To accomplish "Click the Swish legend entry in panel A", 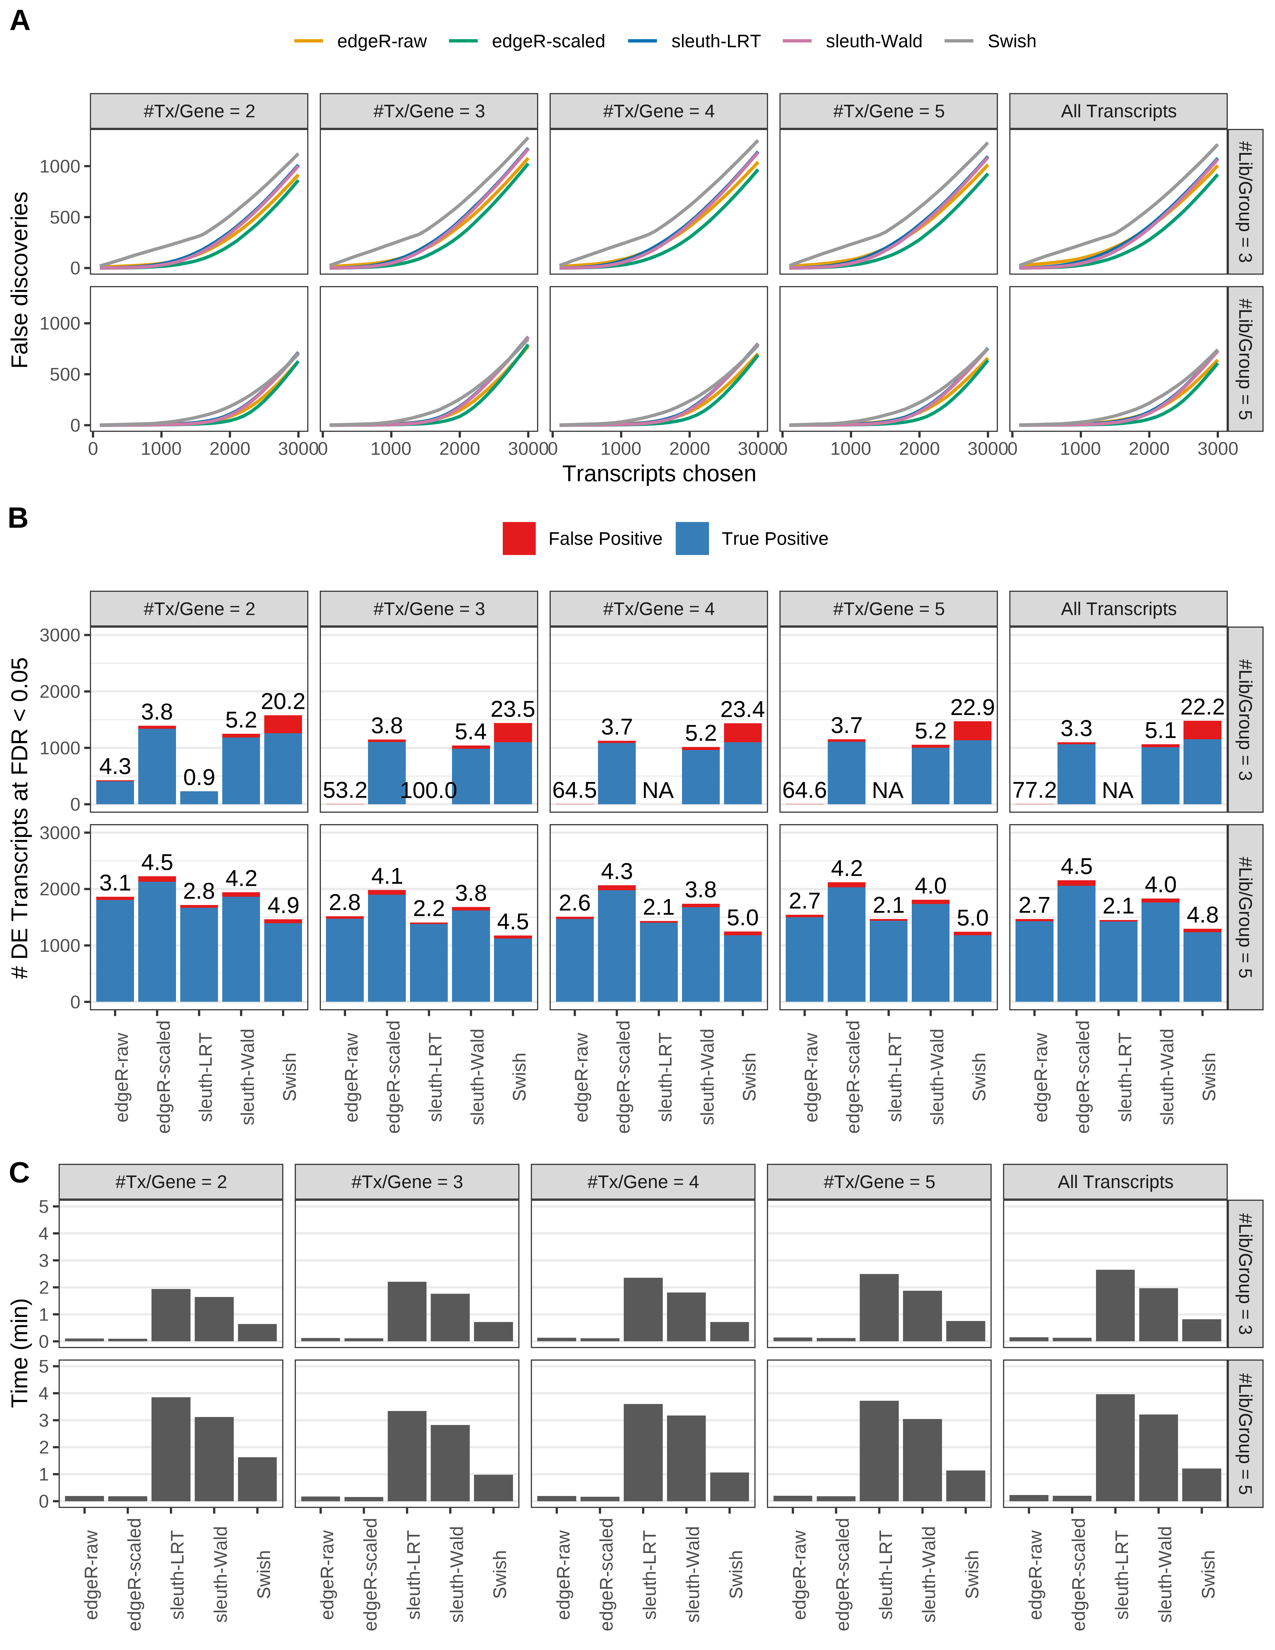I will (1011, 41).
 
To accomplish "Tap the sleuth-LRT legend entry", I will (714, 41).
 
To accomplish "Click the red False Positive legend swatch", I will (519, 539).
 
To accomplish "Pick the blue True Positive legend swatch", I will (692, 539).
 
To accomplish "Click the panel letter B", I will (18, 518).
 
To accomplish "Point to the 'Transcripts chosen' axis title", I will (659, 474).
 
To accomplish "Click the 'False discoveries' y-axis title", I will (20, 279).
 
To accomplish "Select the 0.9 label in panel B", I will (199, 777).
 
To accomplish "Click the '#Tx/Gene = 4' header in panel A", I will (658, 111).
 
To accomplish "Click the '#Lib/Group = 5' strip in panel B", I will (1245, 916).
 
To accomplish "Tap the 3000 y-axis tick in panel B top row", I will (60, 635).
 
